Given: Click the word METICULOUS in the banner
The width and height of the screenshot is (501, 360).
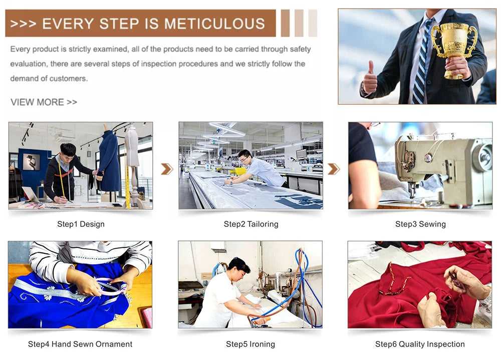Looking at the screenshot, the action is pos(214,24).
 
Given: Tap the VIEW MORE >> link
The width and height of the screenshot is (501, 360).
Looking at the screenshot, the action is pos(44,102).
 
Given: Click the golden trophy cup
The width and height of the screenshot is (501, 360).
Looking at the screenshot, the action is pos(454,49).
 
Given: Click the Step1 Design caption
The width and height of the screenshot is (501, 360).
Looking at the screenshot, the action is pos(81,224).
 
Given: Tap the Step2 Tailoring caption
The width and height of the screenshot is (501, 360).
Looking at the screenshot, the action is pos(251,224).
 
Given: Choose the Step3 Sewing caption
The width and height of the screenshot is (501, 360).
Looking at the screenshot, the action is pos(420,224).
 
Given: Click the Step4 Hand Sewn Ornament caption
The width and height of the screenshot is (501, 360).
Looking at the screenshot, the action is pos(80,344).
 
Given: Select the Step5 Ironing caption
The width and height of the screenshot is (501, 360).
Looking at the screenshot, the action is pos(250,344).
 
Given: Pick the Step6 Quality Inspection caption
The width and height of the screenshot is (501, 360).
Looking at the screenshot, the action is pos(420,344).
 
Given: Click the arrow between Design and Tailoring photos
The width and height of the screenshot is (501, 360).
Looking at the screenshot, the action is pos(167,169).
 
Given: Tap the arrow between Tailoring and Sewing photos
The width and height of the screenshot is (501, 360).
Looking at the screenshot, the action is pos(334,169).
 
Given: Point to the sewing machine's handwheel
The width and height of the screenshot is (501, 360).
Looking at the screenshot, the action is pos(483,157).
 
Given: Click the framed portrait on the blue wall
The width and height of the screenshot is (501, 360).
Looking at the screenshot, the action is pos(32,162).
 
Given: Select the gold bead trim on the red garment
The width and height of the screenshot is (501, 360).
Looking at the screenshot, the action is pos(393,281).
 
